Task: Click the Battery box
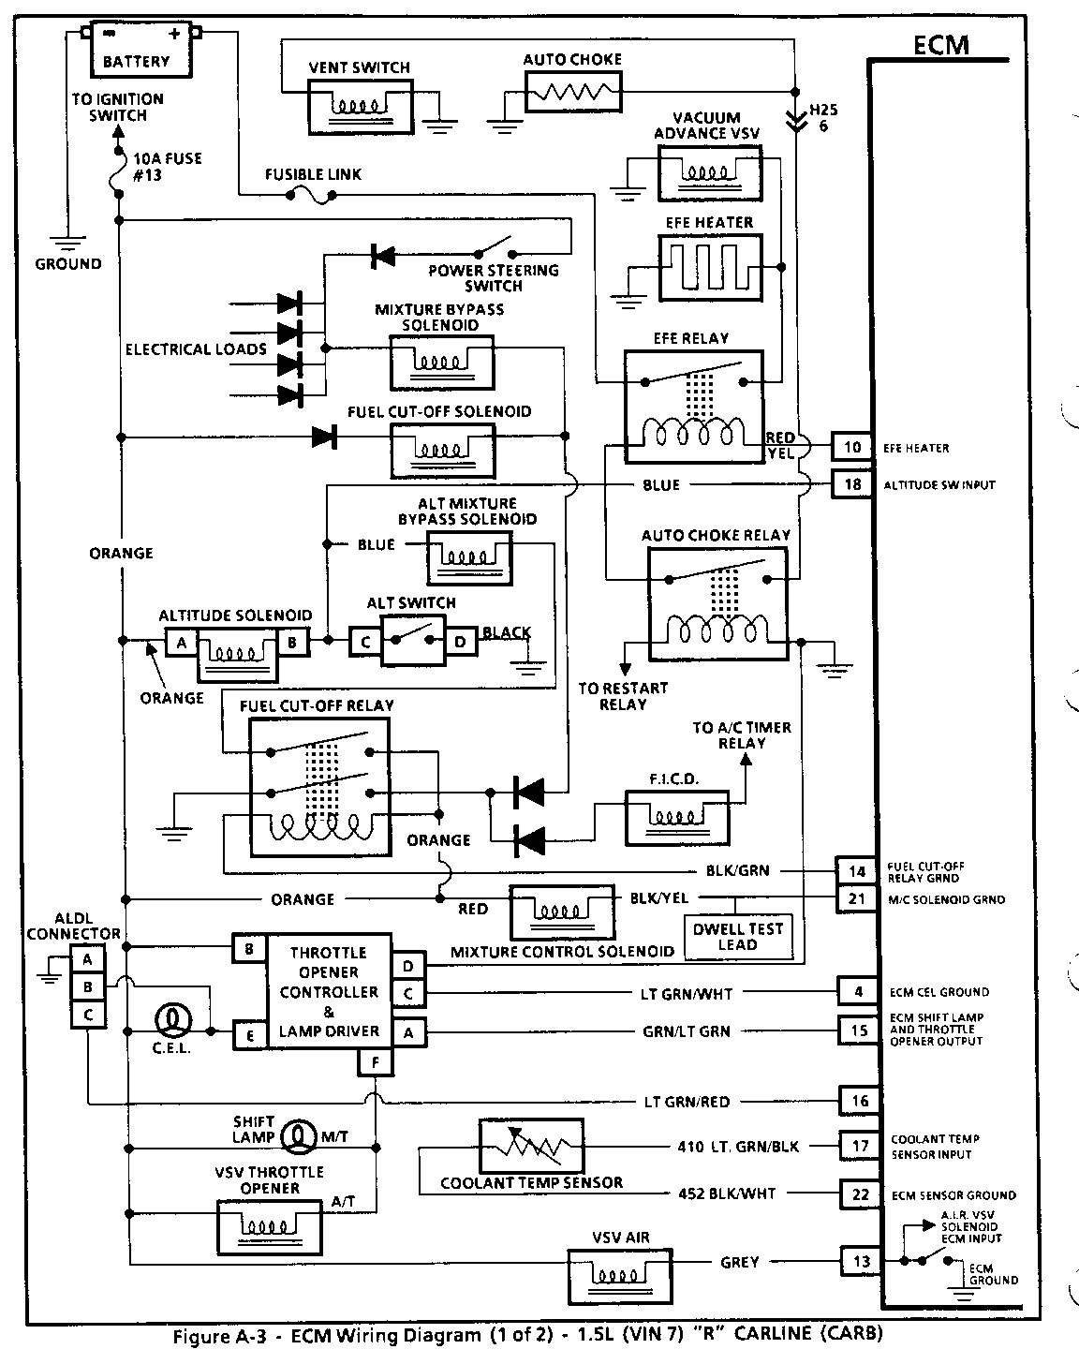click(140, 50)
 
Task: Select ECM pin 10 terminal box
click(852, 447)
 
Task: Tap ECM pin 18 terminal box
click(852, 484)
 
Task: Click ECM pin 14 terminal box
click(856, 871)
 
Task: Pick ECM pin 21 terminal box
click(856, 898)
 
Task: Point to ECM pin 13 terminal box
click(860, 1261)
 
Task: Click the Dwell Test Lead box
click(739, 937)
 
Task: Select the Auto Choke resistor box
click(573, 92)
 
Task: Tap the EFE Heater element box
click(710, 268)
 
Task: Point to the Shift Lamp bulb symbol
click(299, 1136)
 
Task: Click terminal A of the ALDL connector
click(87, 959)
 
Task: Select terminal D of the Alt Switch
click(460, 642)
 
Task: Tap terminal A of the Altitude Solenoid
click(182, 642)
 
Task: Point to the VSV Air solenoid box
click(620, 1276)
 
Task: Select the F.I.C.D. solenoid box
click(677, 818)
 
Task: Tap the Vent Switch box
click(361, 107)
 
